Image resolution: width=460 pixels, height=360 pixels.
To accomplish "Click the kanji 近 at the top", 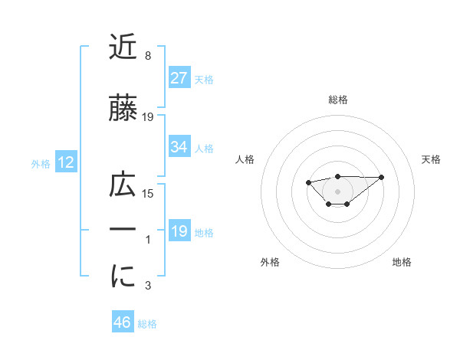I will (x=123, y=47).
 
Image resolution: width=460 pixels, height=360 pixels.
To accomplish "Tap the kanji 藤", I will (x=123, y=110).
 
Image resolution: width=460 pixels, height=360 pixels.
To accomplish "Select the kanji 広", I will (x=123, y=186).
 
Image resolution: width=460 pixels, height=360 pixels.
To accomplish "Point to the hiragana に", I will (x=123, y=278).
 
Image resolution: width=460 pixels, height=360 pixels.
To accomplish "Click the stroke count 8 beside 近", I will (x=147, y=56).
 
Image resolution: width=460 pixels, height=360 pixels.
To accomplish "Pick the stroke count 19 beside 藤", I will (x=148, y=117).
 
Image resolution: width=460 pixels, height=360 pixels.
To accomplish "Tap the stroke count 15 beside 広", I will (x=148, y=194).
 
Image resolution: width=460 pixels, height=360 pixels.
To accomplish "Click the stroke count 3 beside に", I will (x=147, y=286).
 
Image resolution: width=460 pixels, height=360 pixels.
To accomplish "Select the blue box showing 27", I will (x=179, y=78).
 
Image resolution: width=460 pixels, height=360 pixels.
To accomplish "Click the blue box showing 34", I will (x=179, y=147).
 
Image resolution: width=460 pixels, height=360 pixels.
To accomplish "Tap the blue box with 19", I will (x=179, y=231).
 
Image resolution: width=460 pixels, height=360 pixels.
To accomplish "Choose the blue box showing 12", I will (x=65, y=162).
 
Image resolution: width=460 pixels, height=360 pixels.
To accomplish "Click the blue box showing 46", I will (x=123, y=322).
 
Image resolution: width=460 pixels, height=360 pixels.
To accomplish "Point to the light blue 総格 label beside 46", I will (x=147, y=324).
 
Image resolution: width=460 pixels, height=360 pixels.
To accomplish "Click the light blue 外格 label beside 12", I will (x=41, y=163).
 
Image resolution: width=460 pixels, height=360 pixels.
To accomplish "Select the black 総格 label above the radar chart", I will (x=337, y=100).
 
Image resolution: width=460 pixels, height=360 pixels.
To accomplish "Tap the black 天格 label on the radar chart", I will (x=432, y=159).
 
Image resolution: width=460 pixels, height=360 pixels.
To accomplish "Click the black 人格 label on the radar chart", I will (x=245, y=159).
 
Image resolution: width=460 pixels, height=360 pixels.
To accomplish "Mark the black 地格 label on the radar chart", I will (x=402, y=262).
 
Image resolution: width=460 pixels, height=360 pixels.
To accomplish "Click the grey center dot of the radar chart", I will (x=337, y=191).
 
